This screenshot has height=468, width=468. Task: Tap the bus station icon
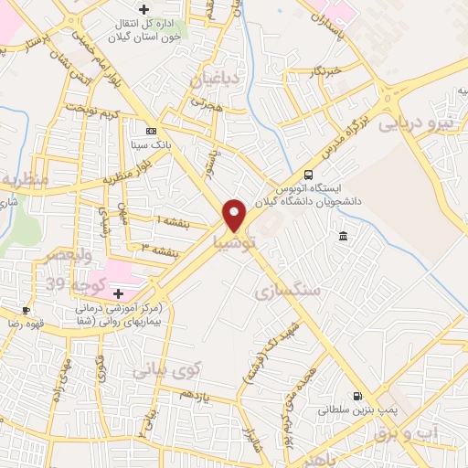click(x=309, y=174)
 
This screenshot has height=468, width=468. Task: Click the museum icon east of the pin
click(x=343, y=237)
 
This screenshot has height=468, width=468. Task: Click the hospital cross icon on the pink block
click(x=118, y=293)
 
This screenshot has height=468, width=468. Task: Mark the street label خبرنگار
click(x=324, y=69)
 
